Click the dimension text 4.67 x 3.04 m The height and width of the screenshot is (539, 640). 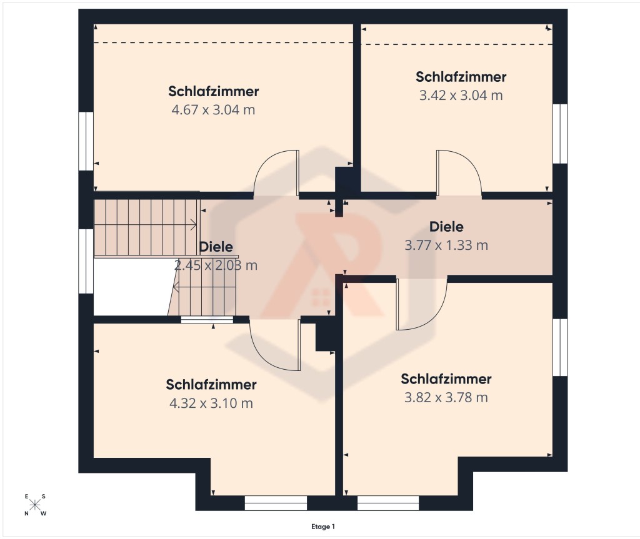coord(213,110)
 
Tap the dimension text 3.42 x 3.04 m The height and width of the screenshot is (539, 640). coord(461,96)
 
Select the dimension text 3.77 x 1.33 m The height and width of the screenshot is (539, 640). coord(446,245)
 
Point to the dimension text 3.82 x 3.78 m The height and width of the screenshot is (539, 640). coord(446,397)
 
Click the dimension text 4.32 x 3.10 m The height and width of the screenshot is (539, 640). coord(211,403)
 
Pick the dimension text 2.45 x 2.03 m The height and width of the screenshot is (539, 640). coord(216,265)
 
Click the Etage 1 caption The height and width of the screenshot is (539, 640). coord(323,527)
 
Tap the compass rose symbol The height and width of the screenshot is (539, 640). coord(35,505)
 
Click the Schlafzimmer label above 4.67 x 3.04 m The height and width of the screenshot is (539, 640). coord(214,91)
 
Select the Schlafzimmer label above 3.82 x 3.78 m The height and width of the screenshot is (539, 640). coord(446,379)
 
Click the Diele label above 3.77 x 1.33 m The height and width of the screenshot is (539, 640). coord(446,227)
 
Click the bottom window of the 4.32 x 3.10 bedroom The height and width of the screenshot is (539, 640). coord(276,503)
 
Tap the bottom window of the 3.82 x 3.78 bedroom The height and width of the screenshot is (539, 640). coord(388,503)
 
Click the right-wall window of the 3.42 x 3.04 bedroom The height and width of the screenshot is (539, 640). coord(561,134)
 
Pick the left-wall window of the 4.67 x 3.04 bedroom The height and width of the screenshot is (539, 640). coord(86,141)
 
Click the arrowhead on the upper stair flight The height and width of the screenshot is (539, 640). coord(194,224)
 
